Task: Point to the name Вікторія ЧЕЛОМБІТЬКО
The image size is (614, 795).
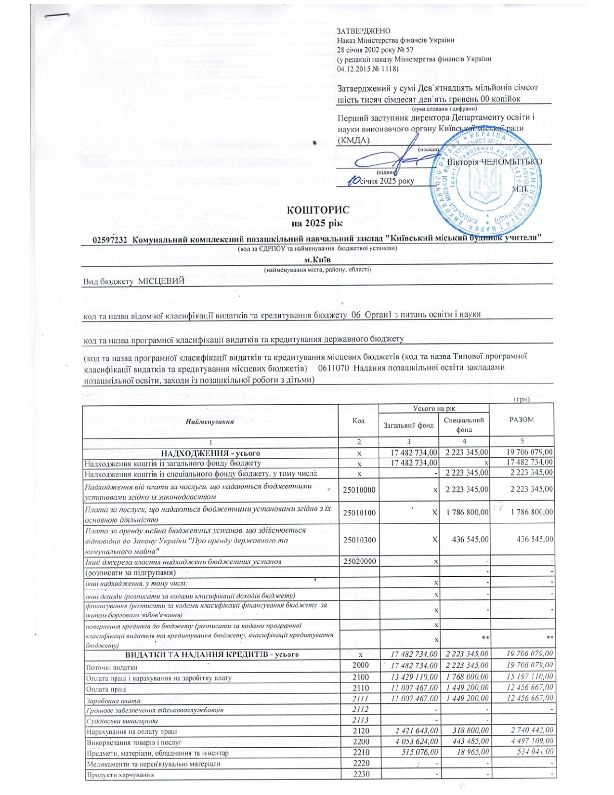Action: [x=494, y=162]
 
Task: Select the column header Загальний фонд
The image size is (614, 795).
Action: [x=408, y=425]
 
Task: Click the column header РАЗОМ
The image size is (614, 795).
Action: [x=521, y=419]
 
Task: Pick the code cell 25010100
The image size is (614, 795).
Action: [x=359, y=513]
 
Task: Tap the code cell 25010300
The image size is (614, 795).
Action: [x=359, y=540]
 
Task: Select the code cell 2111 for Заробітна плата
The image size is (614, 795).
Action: [x=360, y=698]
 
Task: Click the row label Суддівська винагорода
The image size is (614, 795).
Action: [x=122, y=721]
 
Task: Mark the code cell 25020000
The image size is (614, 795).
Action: [x=359, y=561]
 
